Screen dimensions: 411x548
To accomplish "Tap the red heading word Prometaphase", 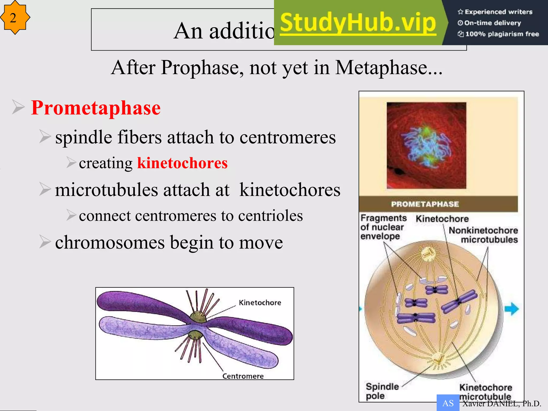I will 96,108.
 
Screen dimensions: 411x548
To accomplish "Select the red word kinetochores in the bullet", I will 182,163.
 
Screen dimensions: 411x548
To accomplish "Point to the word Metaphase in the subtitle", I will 381,67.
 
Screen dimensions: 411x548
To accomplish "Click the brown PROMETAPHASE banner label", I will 425,204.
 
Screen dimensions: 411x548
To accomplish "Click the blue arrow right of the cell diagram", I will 511,309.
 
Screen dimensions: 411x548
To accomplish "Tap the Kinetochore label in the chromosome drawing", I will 260,303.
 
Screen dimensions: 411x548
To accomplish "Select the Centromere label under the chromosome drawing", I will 243,376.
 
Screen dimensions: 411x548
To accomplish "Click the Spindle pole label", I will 382,391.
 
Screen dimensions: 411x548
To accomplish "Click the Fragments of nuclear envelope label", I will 383,227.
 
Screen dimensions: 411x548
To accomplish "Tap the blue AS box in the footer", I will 448,403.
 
